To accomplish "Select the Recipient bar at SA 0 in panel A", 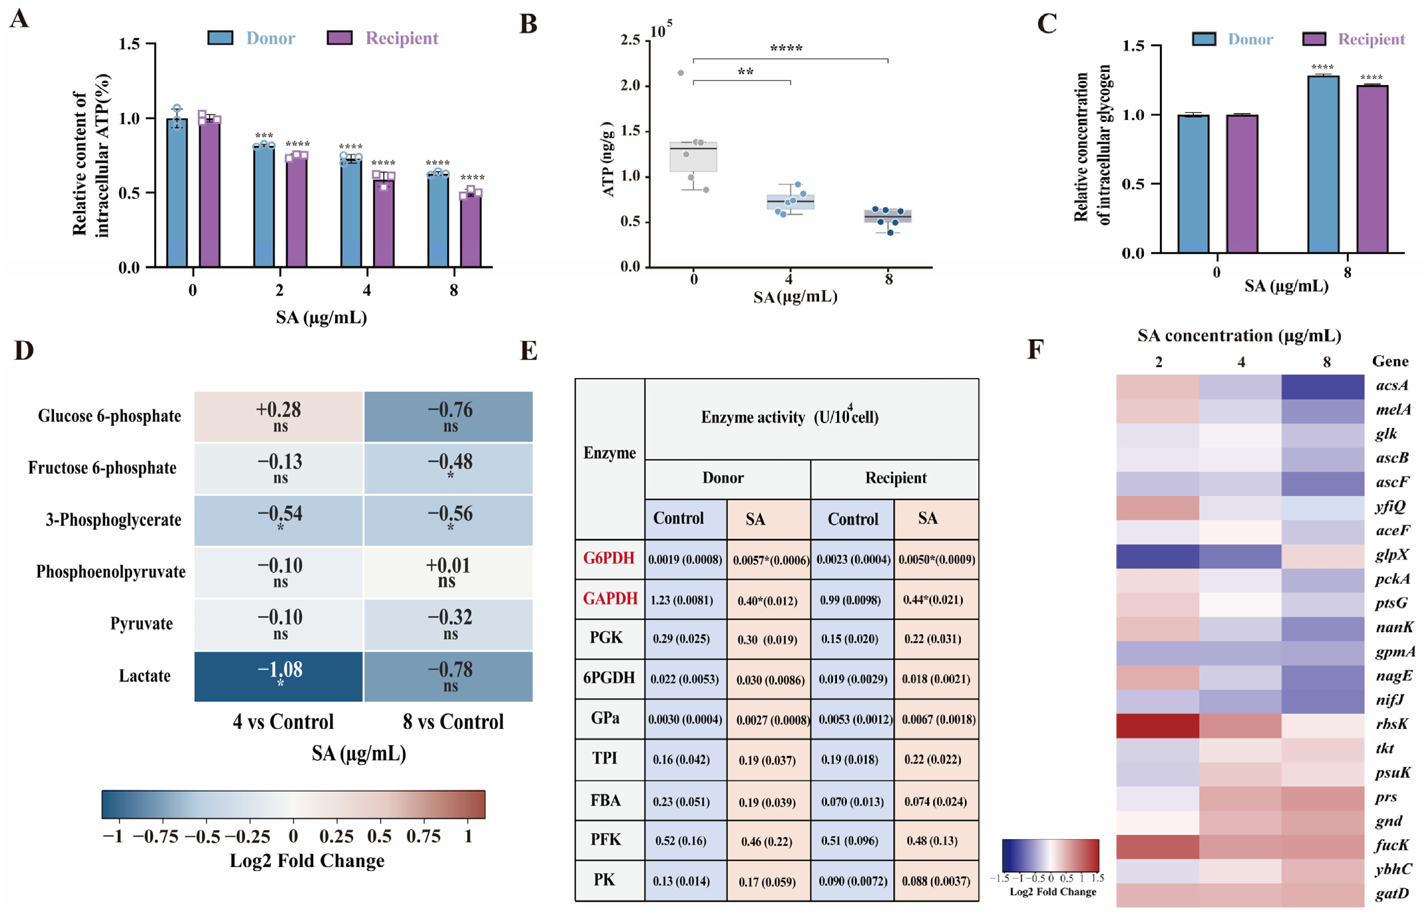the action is click(210, 192).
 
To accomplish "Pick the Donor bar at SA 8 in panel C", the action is click(1323, 164).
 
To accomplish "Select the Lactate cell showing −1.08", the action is click(279, 676).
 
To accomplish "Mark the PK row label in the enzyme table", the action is click(604, 880).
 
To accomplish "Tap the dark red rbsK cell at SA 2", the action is click(1157, 726).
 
